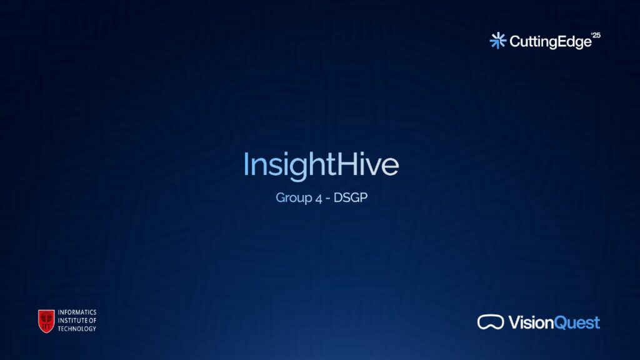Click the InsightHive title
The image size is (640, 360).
(x=321, y=165)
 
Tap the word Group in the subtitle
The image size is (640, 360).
(x=294, y=198)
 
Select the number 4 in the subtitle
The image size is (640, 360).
(x=319, y=198)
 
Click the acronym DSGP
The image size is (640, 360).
(x=350, y=197)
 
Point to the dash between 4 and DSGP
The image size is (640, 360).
(x=328, y=199)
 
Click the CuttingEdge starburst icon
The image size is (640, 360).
(x=498, y=41)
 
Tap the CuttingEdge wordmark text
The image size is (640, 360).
(x=551, y=42)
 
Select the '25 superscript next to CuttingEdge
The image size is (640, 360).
(x=596, y=36)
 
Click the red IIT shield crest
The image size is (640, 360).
(x=46, y=321)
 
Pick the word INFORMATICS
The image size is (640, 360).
(x=77, y=312)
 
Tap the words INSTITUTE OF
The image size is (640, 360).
(x=77, y=321)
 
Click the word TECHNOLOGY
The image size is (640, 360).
(x=77, y=329)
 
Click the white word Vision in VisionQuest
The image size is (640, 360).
(x=531, y=322)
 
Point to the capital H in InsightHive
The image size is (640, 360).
(x=346, y=164)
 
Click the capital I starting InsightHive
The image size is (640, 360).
(x=246, y=164)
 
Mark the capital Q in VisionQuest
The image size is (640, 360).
(x=562, y=323)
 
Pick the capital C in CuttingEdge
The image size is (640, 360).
(x=516, y=41)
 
